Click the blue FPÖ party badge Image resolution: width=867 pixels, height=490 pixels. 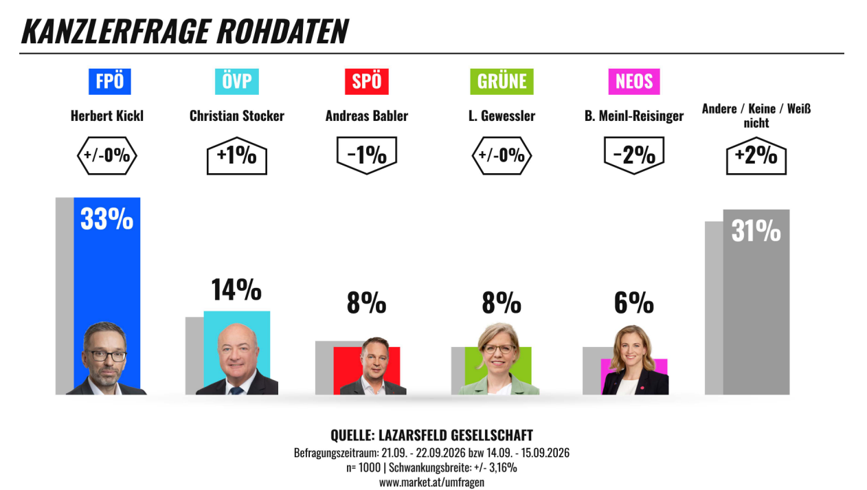(110, 82)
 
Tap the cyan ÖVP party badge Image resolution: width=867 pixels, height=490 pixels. (237, 82)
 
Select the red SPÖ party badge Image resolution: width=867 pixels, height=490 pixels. (367, 82)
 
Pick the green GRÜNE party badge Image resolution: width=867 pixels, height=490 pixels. (502, 82)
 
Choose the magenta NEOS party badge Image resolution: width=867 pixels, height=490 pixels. (634, 82)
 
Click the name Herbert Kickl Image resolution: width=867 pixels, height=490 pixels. (107, 115)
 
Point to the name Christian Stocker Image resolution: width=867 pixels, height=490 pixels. (237, 115)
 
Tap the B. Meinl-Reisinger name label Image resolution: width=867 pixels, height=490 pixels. (634, 115)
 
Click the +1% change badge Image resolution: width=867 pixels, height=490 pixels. (237, 155)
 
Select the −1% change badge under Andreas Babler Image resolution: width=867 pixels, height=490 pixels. (367, 155)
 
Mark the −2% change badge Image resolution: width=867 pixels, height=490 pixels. (634, 155)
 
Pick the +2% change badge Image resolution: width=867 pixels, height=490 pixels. (756, 155)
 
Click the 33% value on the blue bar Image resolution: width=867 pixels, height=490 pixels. (106, 219)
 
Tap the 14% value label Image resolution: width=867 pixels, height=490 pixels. (236, 289)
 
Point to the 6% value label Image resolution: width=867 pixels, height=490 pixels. (634, 302)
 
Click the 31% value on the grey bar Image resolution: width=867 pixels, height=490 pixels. (756, 231)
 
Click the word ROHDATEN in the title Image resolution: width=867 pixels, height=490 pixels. (282, 32)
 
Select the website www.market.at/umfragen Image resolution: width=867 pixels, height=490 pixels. (431, 482)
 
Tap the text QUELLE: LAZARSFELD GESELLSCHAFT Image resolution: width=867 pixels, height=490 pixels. (431, 436)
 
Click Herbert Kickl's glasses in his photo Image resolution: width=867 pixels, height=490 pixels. (105, 356)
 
